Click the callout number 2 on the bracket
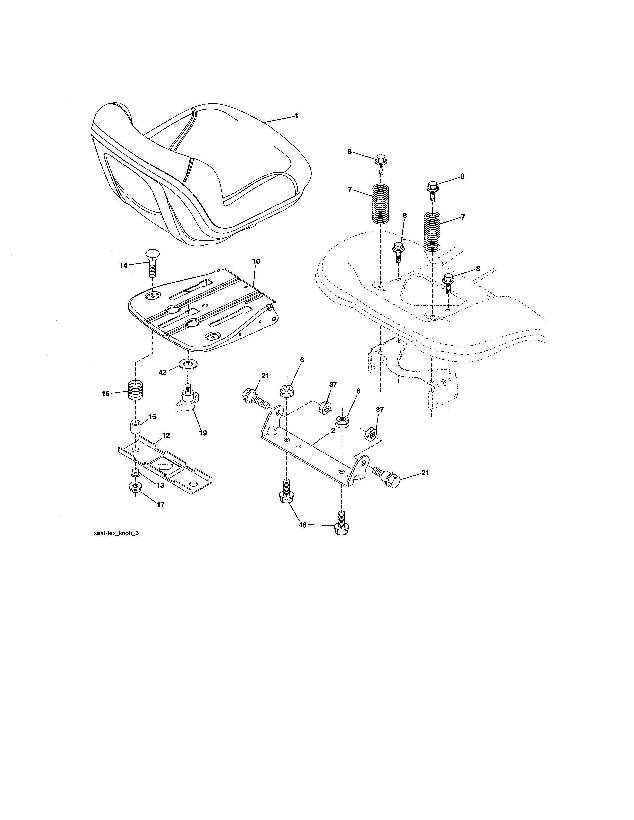point(333,431)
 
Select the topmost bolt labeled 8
point(380,164)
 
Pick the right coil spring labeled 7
point(432,231)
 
